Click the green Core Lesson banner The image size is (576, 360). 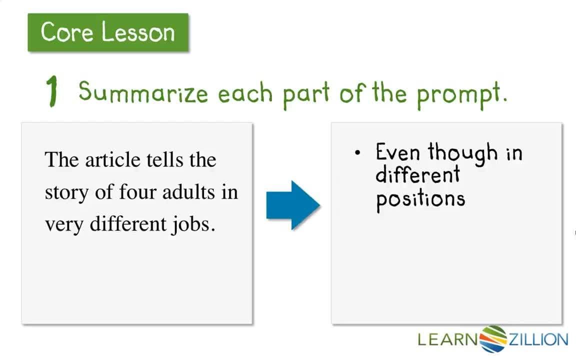coord(108,32)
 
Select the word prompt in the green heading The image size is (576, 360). coord(461,94)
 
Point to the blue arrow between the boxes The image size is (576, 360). coord(293,205)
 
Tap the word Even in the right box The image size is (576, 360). coord(398,152)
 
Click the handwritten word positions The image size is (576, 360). coord(420,199)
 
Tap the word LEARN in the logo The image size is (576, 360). coord(448,340)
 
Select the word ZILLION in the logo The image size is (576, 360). coord(538,340)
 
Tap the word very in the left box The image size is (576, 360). coord(64,224)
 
